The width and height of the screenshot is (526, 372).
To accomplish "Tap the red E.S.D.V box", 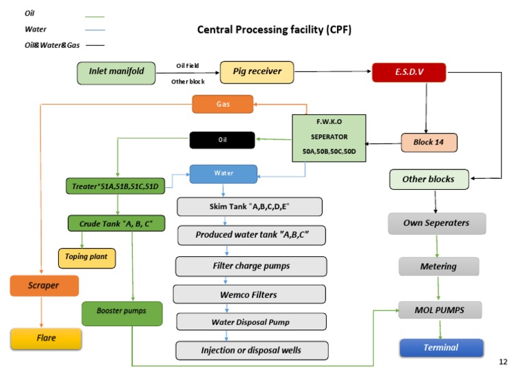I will coord(409,73).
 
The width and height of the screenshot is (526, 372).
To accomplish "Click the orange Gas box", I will coord(223,103).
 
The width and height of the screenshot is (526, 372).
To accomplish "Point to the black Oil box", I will coord(223,140).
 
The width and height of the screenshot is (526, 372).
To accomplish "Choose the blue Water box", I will coord(223,174).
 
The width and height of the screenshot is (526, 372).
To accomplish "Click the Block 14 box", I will coord(429,143).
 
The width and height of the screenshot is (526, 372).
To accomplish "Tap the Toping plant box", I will coord(86,258).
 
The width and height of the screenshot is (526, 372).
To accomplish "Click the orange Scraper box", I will coord(45,285).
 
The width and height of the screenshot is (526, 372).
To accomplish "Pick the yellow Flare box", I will coord(47,338).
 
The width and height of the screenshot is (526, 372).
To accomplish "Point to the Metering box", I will coord(438,266).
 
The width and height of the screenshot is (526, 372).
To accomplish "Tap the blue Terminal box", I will coord(441,348).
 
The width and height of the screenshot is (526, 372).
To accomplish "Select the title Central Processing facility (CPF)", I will coord(275,29).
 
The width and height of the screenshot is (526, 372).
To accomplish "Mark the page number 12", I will coord(503,361).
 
